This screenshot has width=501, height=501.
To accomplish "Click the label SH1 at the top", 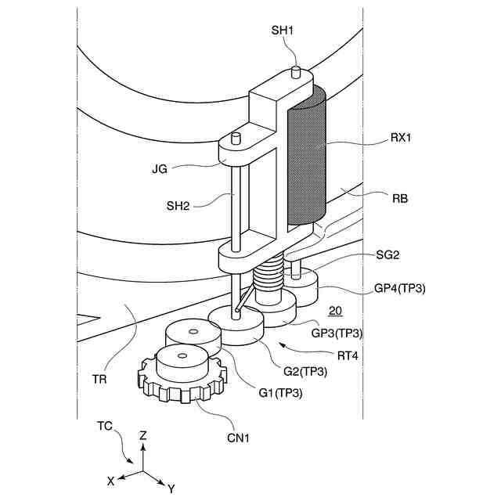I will click(x=282, y=30).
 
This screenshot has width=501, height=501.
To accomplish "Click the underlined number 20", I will click(x=335, y=311).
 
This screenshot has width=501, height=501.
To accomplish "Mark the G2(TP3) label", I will click(x=305, y=370).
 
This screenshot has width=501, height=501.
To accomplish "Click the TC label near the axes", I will click(x=105, y=426).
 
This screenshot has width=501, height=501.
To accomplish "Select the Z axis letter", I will click(x=142, y=435).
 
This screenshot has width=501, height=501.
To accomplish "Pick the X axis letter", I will click(x=112, y=478).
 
